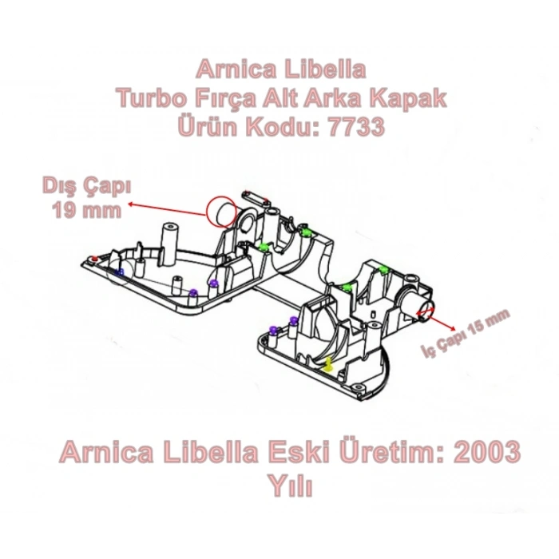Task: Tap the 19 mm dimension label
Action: coord(86,211)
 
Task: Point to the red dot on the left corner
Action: coord(94,260)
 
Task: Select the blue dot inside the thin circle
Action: coord(120,272)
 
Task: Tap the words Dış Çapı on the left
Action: coord(85,188)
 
